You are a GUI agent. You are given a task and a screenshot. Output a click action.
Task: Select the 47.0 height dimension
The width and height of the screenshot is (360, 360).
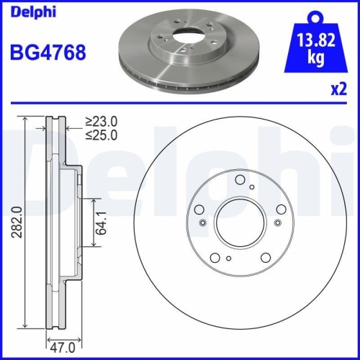[x=61, y=346]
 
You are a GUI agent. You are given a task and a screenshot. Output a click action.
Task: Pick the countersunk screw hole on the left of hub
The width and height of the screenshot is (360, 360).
[x=203, y=222]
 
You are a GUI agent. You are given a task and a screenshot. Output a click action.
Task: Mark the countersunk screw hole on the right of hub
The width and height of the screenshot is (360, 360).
[x=274, y=222]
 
